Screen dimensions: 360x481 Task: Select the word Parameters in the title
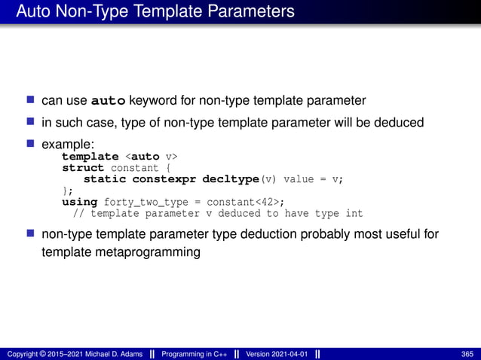pos(248,12)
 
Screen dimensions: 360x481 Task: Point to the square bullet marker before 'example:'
pos(31,142)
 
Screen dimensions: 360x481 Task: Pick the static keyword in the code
pos(105,179)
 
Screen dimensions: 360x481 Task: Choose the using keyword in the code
pos(79,202)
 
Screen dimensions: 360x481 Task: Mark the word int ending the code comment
pos(354,213)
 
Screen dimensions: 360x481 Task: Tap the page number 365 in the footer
pos(467,354)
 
